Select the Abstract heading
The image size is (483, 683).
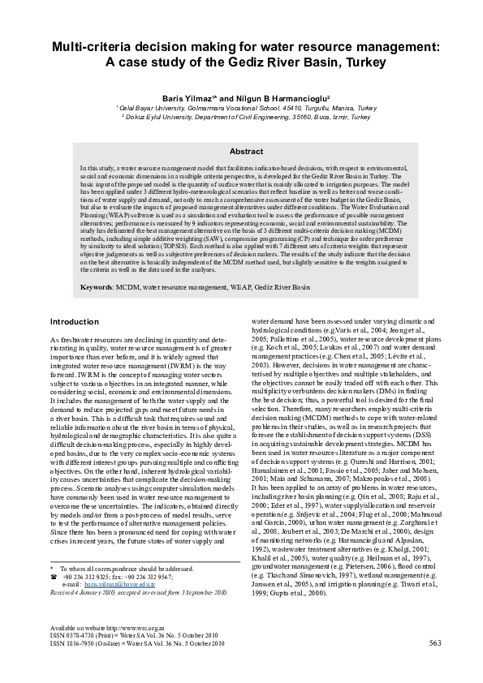tap(247, 152)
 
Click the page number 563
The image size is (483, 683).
tap(434, 666)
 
